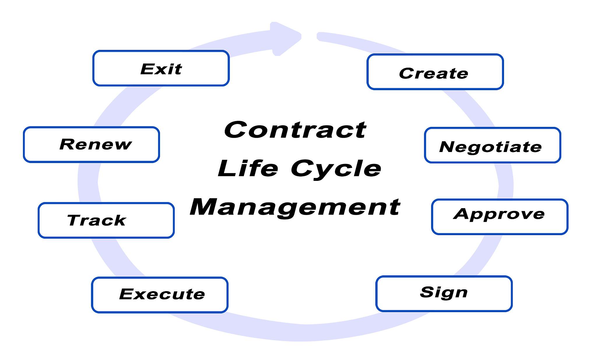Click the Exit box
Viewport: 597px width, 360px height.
pyautogui.click(x=161, y=68)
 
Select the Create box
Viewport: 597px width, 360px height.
pyautogui.click(x=435, y=72)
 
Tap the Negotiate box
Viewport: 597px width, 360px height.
pyautogui.click(x=493, y=145)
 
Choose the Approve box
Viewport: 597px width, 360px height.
pyautogui.click(x=500, y=217)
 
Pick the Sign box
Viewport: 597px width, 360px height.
pyautogui.click(x=444, y=294)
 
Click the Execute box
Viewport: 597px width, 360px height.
pyautogui.click(x=160, y=295)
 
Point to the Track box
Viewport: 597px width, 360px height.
pyautogui.click(x=106, y=220)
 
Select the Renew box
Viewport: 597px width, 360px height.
pyautogui.click(x=92, y=144)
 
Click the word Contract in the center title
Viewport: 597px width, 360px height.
pyautogui.click(x=295, y=130)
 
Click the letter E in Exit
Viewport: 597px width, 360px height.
pyautogui.click(x=147, y=69)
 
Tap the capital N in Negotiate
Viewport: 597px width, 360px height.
pyautogui.click(x=448, y=147)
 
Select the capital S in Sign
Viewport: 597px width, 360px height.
pyautogui.click(x=428, y=292)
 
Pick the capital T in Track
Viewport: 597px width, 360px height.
pyautogui.click(x=75, y=220)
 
